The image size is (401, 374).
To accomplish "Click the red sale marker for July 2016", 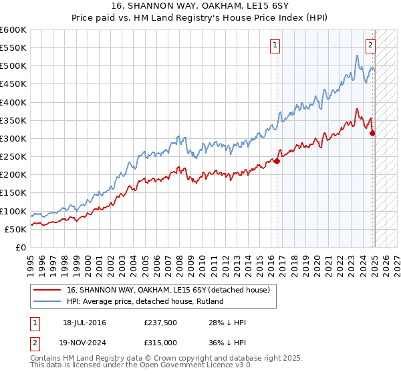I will click(x=277, y=160).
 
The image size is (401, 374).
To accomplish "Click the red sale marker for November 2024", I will click(x=373, y=133).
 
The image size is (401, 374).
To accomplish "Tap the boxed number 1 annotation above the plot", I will click(x=275, y=45).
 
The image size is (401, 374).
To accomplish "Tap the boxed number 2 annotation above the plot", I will click(x=370, y=45).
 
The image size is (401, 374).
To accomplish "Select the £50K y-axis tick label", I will click(x=15, y=229).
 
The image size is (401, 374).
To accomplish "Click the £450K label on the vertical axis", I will click(x=13, y=84).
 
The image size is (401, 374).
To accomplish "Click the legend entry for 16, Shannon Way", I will click(x=168, y=290).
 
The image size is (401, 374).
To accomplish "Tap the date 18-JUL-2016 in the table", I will click(x=84, y=323).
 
